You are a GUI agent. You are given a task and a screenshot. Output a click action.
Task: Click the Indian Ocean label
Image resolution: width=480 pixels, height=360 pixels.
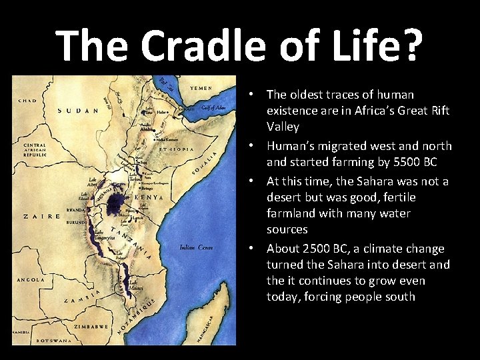pyautogui.click(x=196, y=247)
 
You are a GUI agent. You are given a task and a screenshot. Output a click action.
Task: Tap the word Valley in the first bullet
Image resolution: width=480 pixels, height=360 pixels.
pyautogui.click(x=283, y=127)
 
